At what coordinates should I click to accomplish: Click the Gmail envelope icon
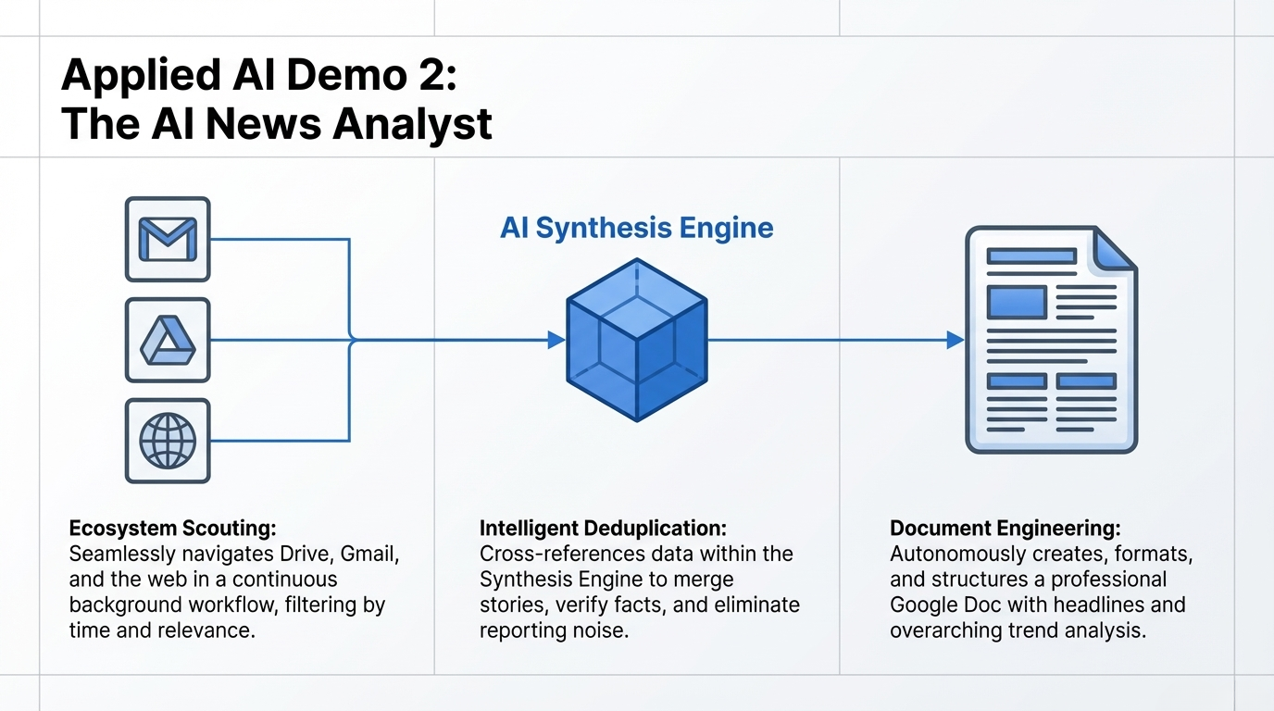click(x=168, y=239)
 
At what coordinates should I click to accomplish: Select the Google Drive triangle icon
click(x=168, y=340)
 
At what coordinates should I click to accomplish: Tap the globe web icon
click(x=168, y=441)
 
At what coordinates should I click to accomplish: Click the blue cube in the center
click(x=636, y=340)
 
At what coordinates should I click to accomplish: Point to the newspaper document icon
click(x=1051, y=340)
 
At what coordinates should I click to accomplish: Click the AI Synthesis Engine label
click(x=636, y=228)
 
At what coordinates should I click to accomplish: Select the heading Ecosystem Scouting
click(x=172, y=529)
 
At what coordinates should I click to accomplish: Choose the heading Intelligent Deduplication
click(x=603, y=529)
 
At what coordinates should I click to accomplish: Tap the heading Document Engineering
click(x=1005, y=529)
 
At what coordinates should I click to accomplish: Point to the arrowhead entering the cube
click(x=556, y=340)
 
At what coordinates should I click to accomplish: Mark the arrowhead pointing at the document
click(x=955, y=340)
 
